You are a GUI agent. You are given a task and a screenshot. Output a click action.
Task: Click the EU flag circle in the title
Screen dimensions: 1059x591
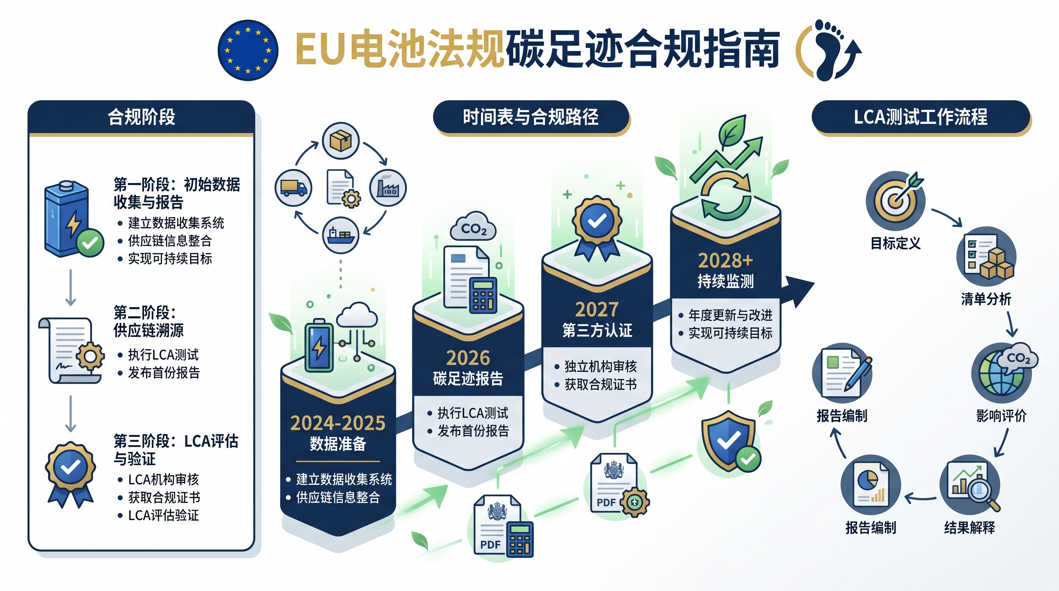tap(248, 50)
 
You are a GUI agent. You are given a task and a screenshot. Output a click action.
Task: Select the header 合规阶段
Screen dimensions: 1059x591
tap(142, 117)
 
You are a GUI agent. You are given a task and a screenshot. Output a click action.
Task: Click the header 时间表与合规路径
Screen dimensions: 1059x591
tap(531, 117)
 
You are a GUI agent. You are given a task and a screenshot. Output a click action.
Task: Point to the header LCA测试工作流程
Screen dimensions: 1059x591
tap(920, 117)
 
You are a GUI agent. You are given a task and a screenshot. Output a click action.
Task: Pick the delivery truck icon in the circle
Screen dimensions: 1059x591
tap(294, 188)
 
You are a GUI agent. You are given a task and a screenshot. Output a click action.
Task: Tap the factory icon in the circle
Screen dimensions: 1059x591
tap(388, 188)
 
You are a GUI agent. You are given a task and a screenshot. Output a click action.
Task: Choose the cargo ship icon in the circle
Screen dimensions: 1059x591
tap(341, 235)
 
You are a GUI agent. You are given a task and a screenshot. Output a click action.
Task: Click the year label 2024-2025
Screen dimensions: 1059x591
tap(338, 423)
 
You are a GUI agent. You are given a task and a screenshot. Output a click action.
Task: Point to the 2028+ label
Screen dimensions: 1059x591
tap(726, 260)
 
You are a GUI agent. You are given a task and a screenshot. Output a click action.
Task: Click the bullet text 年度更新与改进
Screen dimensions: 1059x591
tap(730, 315)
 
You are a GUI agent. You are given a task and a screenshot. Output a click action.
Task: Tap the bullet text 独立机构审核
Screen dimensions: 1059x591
tap(601, 366)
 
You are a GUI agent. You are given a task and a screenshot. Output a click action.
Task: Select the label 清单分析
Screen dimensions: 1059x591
tap(986, 299)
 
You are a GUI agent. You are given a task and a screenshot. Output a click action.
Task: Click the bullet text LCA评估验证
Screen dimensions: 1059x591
tap(164, 515)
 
